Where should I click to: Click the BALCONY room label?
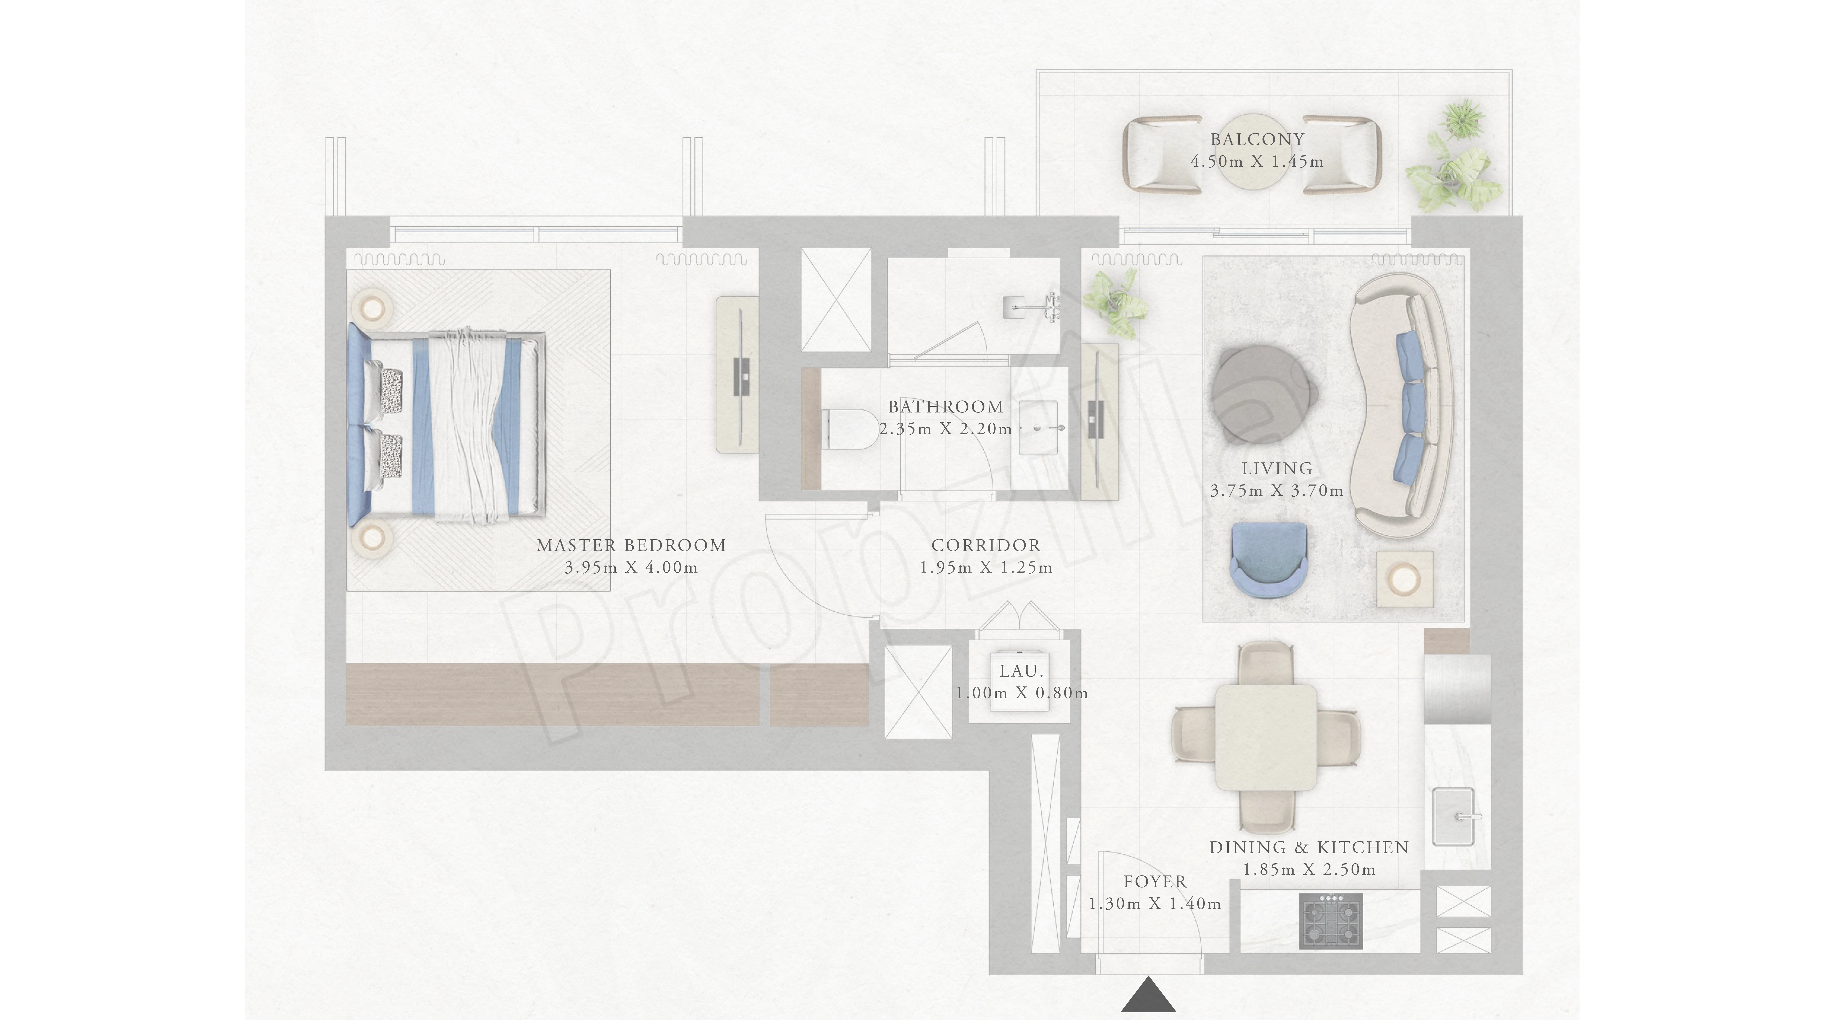click(x=1257, y=140)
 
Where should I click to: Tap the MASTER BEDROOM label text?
click(x=631, y=546)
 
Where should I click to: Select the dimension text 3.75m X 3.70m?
click(x=1277, y=490)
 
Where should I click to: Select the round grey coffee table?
click(x=1263, y=393)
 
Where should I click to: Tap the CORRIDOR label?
click(x=985, y=546)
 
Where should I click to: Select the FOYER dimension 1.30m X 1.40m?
click(x=1155, y=904)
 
